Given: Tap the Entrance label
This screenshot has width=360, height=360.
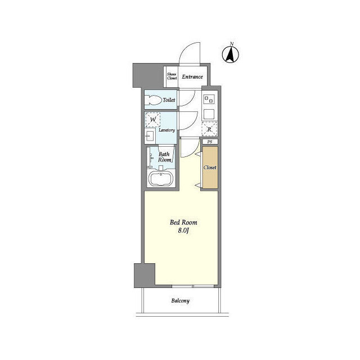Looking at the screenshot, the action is [192, 77].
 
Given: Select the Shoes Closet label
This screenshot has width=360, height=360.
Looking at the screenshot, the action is [172, 76].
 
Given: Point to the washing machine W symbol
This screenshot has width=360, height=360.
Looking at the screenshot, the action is [153, 120].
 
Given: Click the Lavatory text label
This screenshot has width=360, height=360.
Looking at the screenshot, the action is [166, 130].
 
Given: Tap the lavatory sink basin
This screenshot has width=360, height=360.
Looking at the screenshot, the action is [150, 136].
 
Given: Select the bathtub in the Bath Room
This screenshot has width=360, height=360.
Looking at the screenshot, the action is [160, 178].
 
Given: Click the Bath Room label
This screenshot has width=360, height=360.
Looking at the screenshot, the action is [164, 157].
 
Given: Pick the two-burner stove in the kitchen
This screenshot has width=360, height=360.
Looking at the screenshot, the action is [209, 100].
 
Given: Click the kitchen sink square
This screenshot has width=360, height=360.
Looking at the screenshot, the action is [209, 114].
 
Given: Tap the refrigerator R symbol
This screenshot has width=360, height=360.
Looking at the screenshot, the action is [209, 129].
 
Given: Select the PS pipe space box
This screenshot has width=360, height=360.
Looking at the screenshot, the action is [210, 142].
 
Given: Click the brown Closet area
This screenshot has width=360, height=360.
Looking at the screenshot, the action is [210, 168].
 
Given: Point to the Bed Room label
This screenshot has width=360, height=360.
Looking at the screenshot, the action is [183, 222].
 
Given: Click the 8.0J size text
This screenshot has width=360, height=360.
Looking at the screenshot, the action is [183, 231].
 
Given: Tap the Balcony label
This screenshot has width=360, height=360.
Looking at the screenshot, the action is [181, 301].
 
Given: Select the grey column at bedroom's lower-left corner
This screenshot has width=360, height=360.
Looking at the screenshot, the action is [145, 276].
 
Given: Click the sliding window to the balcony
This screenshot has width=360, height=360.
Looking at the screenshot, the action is [193, 286].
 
